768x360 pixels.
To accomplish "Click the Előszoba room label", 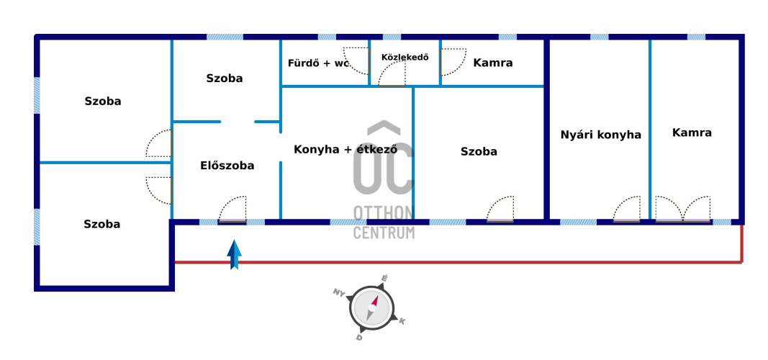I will click(227, 166).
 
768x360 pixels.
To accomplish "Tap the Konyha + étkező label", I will click(345, 150).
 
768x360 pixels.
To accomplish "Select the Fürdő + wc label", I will click(318, 63).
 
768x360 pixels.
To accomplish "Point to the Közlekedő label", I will click(405, 58).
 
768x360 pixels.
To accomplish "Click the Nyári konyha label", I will click(600, 135).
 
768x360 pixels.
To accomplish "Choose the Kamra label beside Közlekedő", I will click(493, 63).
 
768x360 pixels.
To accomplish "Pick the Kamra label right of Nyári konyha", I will click(692, 132).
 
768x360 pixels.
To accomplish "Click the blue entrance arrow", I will click(235, 255).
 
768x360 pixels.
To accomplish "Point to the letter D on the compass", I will click(359, 336).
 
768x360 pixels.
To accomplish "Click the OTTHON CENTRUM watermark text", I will click(384, 222).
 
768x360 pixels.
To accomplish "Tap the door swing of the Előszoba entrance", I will click(232, 209).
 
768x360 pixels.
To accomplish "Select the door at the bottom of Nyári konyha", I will click(626, 209).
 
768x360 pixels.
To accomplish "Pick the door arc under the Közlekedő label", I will click(393, 73).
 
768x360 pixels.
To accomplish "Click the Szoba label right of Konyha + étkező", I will click(479, 152).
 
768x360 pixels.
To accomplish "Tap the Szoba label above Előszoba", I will click(224, 78).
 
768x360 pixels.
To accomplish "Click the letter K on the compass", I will click(402, 321).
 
